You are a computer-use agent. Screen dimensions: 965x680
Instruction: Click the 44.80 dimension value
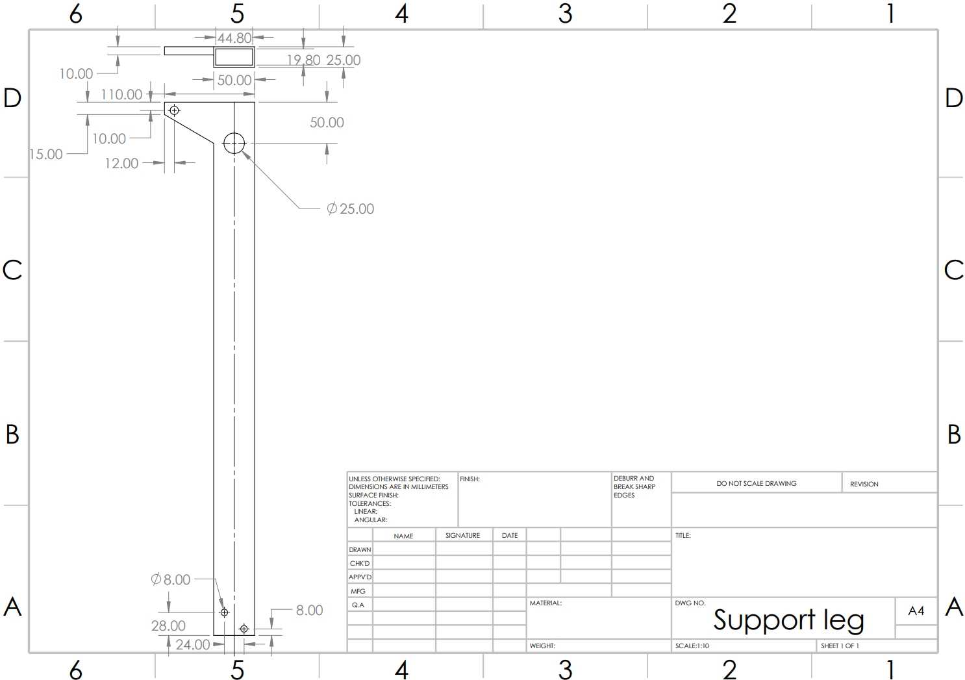(234, 38)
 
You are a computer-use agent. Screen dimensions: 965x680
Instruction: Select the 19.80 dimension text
(304, 60)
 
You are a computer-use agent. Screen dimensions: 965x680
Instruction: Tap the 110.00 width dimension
(121, 94)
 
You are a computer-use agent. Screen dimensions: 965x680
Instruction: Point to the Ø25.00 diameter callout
(350, 209)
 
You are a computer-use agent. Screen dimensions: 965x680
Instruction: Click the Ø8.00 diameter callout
(171, 579)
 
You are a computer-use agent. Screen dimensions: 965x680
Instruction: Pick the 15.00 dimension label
(46, 155)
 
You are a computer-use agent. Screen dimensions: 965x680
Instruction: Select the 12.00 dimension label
(121, 163)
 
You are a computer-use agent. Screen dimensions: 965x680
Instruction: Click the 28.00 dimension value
(168, 625)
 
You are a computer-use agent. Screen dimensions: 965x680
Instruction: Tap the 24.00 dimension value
(193, 645)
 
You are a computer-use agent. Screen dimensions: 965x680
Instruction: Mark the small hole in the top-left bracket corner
(175, 111)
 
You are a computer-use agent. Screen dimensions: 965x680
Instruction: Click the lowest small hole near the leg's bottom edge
(244, 629)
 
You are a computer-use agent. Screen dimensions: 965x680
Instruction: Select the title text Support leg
(788, 620)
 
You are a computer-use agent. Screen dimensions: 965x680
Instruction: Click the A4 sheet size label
(916, 611)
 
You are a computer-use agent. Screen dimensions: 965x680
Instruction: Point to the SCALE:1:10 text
(692, 646)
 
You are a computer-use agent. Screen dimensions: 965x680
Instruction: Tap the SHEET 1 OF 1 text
(840, 646)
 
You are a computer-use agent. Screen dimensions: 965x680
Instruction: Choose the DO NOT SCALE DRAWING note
(757, 483)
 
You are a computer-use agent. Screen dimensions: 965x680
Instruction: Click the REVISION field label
(864, 484)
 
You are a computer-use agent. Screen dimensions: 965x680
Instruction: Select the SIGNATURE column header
(462, 535)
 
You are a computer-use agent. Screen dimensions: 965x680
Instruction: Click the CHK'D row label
(360, 563)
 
